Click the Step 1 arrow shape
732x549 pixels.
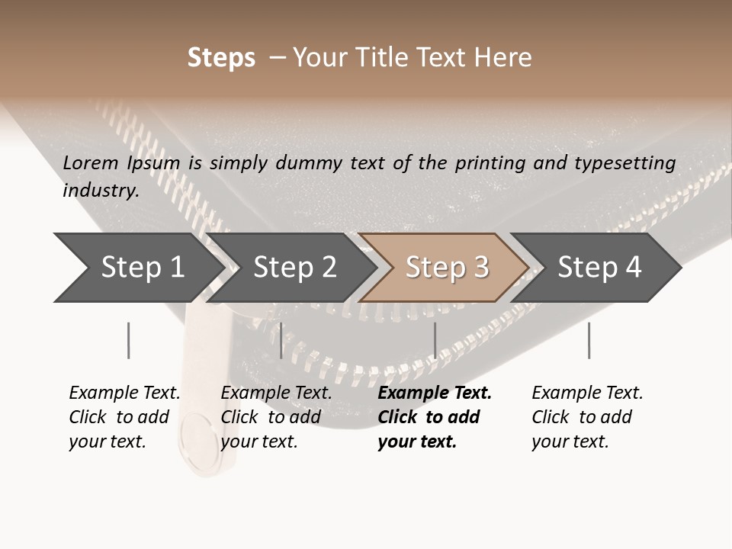click(137, 268)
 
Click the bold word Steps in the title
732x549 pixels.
click(221, 58)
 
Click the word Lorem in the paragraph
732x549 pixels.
click(91, 162)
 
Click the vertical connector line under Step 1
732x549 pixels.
click(128, 340)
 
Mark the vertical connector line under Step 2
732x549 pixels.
click(281, 340)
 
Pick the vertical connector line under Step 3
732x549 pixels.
click(435, 340)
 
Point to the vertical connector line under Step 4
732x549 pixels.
click(589, 340)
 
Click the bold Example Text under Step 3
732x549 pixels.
click(435, 393)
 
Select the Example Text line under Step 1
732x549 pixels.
click(124, 393)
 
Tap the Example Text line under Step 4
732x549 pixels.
click(587, 393)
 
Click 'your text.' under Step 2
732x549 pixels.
click(258, 442)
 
